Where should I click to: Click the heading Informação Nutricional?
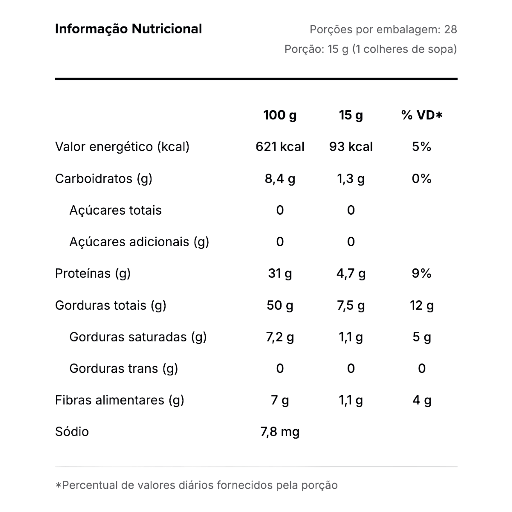click(128, 29)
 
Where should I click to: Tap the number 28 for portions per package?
click(450, 29)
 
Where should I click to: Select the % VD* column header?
click(421, 115)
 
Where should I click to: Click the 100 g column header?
click(280, 115)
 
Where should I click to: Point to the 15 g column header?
click(351, 115)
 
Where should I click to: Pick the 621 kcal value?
click(280, 146)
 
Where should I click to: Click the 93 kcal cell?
click(351, 146)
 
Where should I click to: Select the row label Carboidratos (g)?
click(104, 178)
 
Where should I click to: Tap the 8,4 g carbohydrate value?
click(280, 178)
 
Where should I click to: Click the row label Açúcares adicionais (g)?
click(139, 242)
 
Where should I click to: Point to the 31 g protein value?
click(280, 273)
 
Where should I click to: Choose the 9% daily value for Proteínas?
click(421, 273)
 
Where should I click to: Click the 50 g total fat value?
click(280, 305)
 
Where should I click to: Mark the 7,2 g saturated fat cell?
click(280, 337)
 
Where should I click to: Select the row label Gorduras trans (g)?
click(123, 368)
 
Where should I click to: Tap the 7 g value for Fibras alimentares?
click(280, 400)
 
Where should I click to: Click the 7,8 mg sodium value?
click(280, 432)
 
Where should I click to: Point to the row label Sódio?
click(72, 432)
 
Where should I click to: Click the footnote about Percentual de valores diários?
click(196, 485)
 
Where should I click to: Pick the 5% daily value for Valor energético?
click(421, 146)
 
